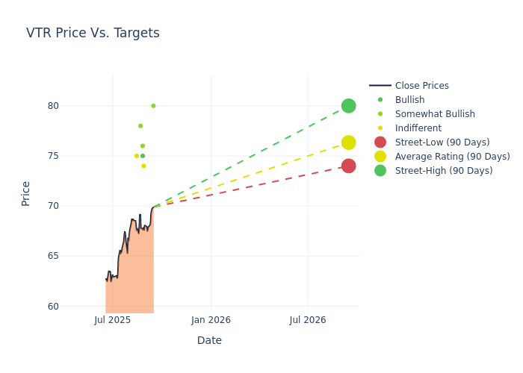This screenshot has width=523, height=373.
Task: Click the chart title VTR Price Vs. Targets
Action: tap(93, 33)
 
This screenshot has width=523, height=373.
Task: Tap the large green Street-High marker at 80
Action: tap(348, 106)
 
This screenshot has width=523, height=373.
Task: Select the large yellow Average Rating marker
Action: tap(348, 142)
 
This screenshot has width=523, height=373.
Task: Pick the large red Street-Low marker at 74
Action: tap(348, 166)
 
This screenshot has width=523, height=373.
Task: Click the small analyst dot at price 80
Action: tap(153, 106)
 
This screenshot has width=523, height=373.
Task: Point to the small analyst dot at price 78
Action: tap(140, 126)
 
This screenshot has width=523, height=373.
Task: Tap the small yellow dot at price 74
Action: tap(143, 166)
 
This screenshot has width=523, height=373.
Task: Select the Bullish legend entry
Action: tap(409, 100)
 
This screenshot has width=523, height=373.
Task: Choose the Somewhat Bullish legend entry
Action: tap(435, 114)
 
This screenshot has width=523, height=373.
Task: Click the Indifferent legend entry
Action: tap(418, 128)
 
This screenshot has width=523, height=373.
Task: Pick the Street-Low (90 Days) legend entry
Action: tap(442, 142)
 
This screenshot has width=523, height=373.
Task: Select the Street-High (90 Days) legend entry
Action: tap(443, 171)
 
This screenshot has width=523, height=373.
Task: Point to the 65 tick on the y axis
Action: tap(52, 256)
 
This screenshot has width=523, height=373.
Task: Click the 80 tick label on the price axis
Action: tap(52, 106)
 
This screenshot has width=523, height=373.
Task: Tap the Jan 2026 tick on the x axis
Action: tap(211, 320)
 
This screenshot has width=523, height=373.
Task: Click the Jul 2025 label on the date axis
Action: tap(113, 320)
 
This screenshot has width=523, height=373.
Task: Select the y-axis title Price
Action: tap(26, 193)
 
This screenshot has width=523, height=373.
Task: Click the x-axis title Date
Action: tap(209, 340)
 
